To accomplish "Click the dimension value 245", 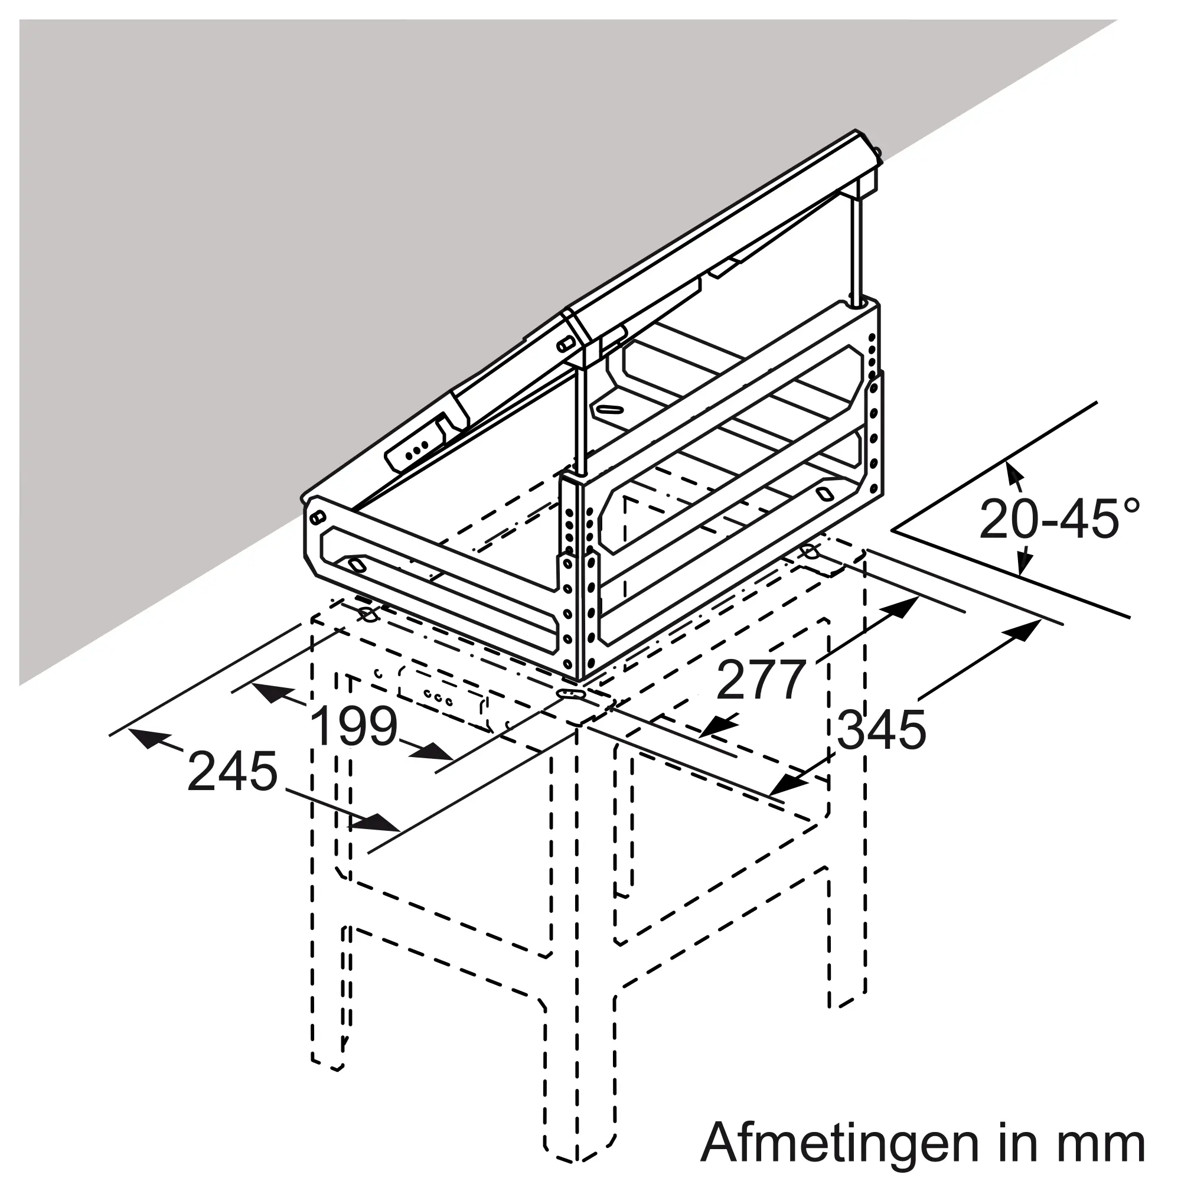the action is click(232, 771).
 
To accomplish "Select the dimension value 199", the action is click(354, 727).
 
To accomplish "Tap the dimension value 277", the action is click(761, 680).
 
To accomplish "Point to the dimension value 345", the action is click(881, 730).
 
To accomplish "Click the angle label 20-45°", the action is click(1060, 519).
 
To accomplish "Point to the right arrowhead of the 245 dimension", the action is click(381, 823).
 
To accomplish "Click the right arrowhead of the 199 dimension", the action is click(435, 751).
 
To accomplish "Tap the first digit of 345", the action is click(850, 730).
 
